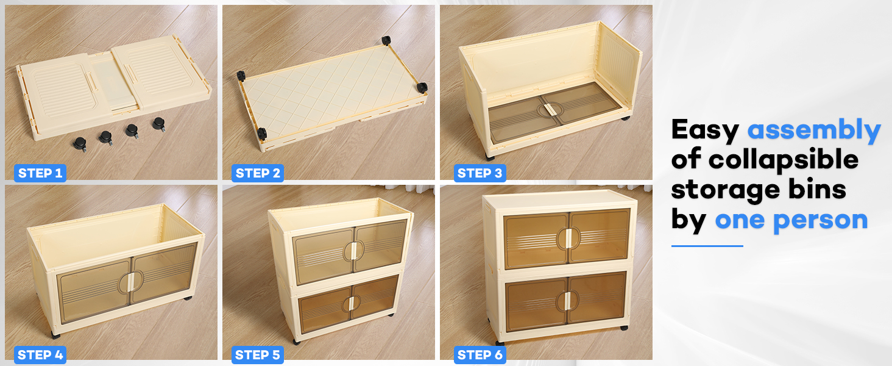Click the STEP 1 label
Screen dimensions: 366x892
click(40, 173)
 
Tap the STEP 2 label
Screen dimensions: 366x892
click(258, 173)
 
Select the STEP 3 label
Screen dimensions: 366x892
click(480, 173)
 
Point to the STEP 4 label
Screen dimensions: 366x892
click(40, 354)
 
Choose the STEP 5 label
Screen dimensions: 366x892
click(258, 354)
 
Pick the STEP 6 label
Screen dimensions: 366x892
click(480, 354)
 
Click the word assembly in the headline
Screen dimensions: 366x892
click(814, 130)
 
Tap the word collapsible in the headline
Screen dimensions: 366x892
click(783, 160)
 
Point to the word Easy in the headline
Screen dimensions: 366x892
click(705, 130)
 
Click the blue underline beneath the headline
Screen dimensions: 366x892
click(707, 246)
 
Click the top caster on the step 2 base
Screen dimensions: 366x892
click(386, 41)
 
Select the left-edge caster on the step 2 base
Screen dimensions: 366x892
click(241, 76)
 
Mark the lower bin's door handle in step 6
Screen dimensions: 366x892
click(567, 301)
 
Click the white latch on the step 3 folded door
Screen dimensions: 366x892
click(547, 109)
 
